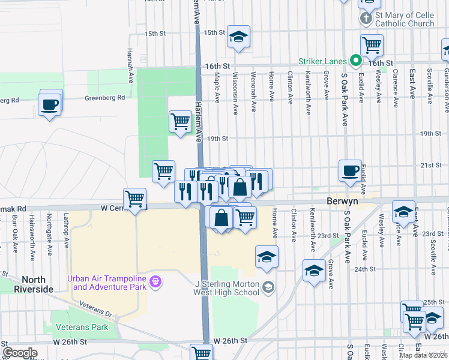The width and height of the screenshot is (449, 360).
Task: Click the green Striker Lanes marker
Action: tap(355, 61)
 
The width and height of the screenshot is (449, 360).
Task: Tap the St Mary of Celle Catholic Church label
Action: tap(405, 19)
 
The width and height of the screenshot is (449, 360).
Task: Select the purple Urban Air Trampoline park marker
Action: tap(156, 281)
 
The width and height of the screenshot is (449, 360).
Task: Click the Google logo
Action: tap(20, 353)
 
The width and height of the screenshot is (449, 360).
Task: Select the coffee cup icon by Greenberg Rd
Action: tap(49, 104)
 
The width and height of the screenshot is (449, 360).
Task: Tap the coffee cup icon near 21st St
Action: tap(350, 171)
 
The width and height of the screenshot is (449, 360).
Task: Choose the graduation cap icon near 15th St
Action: tap(238, 37)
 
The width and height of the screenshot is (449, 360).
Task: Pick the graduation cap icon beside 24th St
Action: tap(314, 271)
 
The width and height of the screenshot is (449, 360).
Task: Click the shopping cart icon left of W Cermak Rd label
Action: tap(135, 198)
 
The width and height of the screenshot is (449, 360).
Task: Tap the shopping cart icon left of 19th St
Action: tap(180, 121)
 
